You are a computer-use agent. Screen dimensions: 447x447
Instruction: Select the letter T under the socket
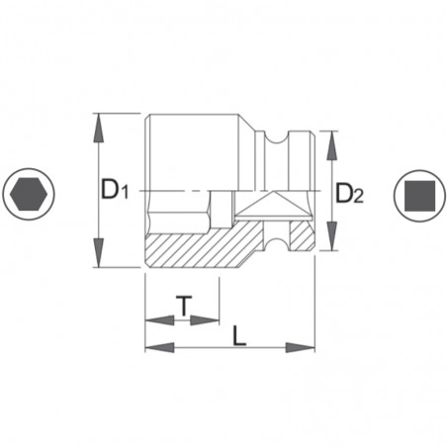(184, 306)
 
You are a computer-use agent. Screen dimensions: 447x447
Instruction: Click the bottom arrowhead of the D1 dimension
(99, 258)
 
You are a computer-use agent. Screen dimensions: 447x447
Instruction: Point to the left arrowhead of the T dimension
(154, 318)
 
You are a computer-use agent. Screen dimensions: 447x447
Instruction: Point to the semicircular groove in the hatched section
(283, 236)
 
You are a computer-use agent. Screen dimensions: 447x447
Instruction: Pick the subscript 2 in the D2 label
(359, 197)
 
